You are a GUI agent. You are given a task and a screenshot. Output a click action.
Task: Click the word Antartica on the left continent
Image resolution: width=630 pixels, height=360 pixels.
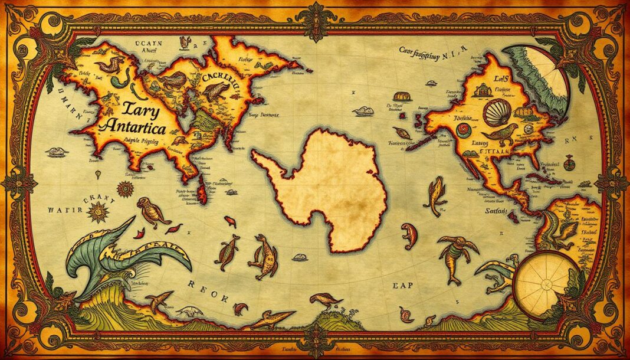point(133,125)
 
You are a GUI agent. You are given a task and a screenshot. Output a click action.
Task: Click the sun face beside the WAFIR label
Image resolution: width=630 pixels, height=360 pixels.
point(97,209)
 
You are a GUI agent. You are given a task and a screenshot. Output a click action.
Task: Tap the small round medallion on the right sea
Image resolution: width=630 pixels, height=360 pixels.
point(568,161)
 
